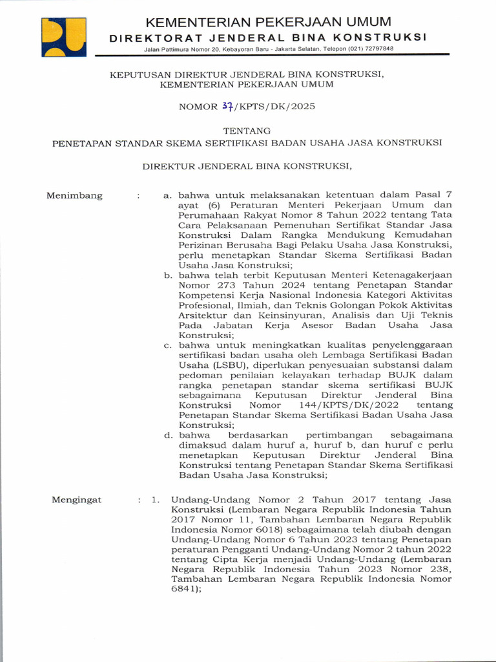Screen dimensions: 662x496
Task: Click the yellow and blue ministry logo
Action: pos(64,37)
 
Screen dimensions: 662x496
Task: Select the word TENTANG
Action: pos(247,130)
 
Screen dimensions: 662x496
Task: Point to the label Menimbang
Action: pos(74,196)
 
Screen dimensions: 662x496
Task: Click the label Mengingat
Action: pos(76,500)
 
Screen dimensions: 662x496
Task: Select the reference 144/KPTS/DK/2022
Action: pos(346,405)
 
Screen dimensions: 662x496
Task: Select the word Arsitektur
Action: pos(202,315)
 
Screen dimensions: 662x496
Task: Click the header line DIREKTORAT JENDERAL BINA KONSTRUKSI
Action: pos(268,37)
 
